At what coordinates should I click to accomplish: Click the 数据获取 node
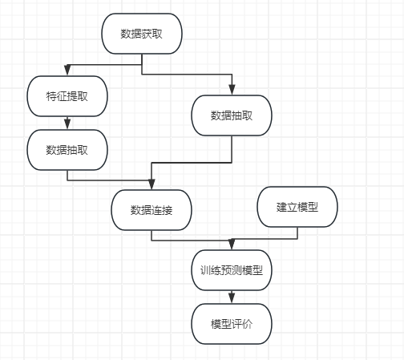pyautogui.click(x=142, y=34)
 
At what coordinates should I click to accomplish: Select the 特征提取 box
pyautogui.click(x=67, y=96)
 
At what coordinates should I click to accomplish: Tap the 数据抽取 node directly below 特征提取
pyautogui.click(x=67, y=150)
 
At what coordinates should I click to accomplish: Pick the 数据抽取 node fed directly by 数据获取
pyautogui.click(x=232, y=115)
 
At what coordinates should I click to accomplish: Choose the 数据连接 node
pyautogui.click(x=151, y=210)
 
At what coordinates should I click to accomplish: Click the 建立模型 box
pyautogui.click(x=297, y=207)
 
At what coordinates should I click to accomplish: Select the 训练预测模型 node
pyautogui.click(x=232, y=270)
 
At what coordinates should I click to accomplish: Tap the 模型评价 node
pyautogui.click(x=232, y=324)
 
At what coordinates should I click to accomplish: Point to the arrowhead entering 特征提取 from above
pyautogui.click(x=67, y=70)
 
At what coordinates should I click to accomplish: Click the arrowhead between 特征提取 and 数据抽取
pyautogui.click(x=67, y=123)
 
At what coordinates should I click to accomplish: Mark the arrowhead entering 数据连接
pyautogui.click(x=151, y=184)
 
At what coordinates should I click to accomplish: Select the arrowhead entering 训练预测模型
pyautogui.click(x=232, y=244)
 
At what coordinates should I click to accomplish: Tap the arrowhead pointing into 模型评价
pyautogui.click(x=232, y=297)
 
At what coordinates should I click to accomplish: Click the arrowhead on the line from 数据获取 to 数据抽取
pyautogui.click(x=232, y=90)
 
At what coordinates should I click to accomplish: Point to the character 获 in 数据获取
pyautogui.click(x=147, y=34)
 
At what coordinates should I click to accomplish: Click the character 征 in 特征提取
pyautogui.click(x=62, y=96)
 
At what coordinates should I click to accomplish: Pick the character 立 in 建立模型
pyautogui.click(x=292, y=207)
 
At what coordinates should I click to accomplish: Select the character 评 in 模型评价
pyautogui.click(x=236, y=324)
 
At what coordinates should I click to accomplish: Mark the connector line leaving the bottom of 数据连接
pyautogui.click(x=187, y=241)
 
